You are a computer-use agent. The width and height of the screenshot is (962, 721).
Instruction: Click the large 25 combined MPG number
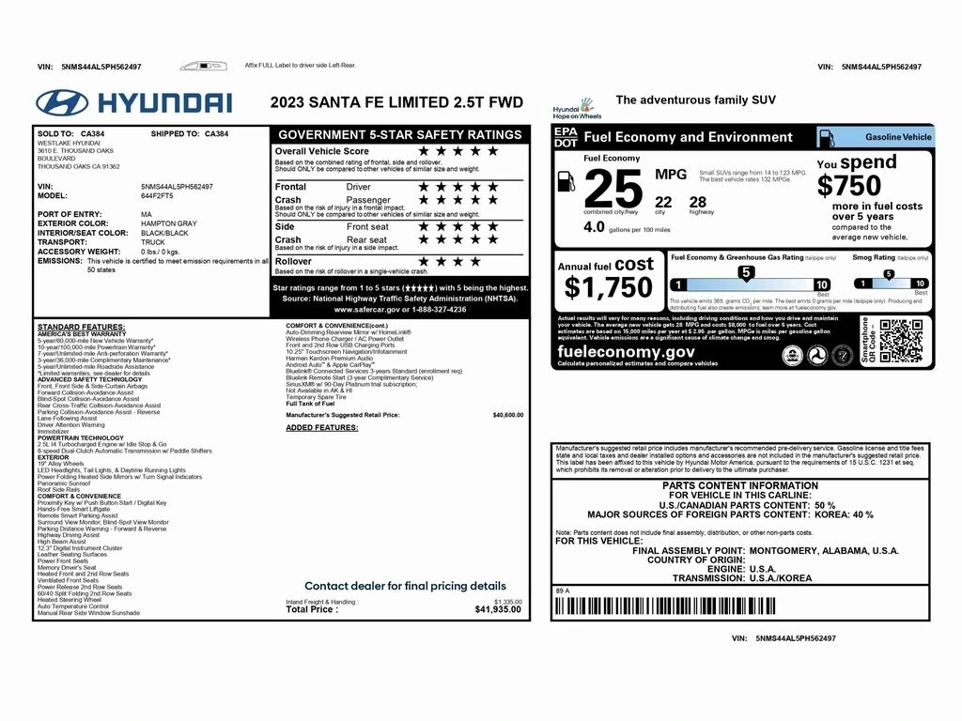(613, 191)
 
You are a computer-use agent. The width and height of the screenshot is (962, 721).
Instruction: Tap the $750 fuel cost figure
(849, 186)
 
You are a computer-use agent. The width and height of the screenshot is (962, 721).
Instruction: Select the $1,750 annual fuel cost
(608, 286)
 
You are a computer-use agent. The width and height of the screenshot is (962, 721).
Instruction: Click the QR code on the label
(900, 340)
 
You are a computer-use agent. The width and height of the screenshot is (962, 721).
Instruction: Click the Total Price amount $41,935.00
(499, 609)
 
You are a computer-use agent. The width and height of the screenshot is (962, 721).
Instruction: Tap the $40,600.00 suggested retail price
(507, 414)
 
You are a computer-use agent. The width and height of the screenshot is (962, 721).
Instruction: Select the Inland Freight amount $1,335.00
(507, 602)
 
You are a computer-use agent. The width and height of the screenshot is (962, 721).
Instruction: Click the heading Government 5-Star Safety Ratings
(399, 134)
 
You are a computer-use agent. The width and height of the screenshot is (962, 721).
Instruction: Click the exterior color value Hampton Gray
(169, 223)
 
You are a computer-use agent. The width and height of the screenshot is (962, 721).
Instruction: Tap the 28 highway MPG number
(697, 202)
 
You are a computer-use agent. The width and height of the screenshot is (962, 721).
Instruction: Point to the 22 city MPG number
(663, 202)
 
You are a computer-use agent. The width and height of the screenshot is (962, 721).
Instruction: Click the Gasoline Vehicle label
(897, 137)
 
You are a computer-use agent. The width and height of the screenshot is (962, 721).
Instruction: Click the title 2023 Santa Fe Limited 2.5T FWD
(396, 102)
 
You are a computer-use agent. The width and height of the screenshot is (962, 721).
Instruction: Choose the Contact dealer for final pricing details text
(405, 585)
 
